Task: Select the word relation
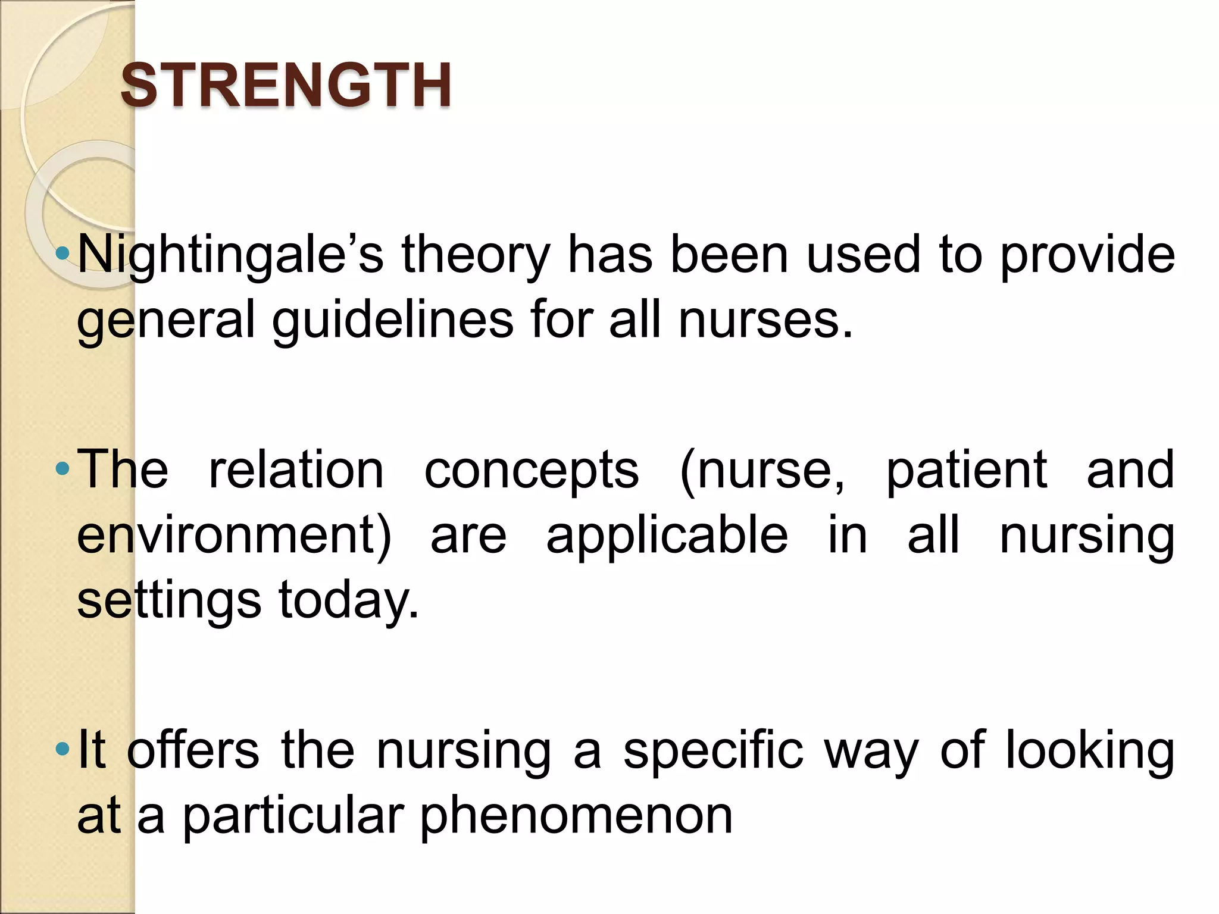296,470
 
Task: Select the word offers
193,750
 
